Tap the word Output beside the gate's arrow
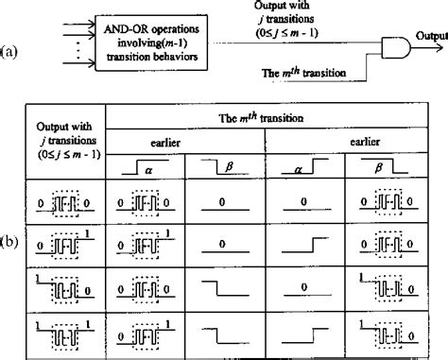[432, 36]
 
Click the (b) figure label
[9, 243]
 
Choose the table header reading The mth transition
[261, 118]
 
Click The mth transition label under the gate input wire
[303, 73]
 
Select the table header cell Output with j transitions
[65, 141]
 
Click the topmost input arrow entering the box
[79, 24]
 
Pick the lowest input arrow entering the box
[79, 63]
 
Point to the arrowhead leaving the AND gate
[440, 48]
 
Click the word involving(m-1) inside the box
[152, 43]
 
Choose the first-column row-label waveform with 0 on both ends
[65, 204]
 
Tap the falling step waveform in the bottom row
[225, 335]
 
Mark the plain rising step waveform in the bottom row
[305, 335]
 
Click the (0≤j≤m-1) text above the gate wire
[287, 33]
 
